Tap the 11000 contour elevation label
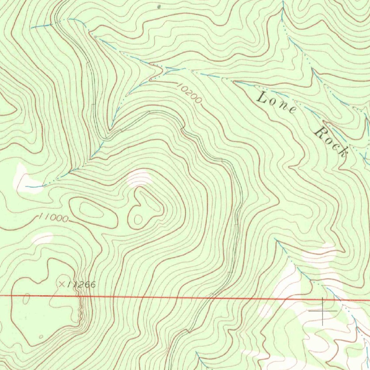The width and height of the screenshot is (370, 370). pos(53,218)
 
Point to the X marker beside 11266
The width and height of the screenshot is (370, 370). pos(62,284)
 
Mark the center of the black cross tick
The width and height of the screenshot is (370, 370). pos(323,310)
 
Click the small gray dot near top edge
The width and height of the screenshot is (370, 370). pos(159,6)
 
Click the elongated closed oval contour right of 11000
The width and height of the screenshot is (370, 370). pos(93,213)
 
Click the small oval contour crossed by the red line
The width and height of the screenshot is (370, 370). pos(26,298)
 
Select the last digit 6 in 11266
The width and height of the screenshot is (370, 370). pos(92,285)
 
